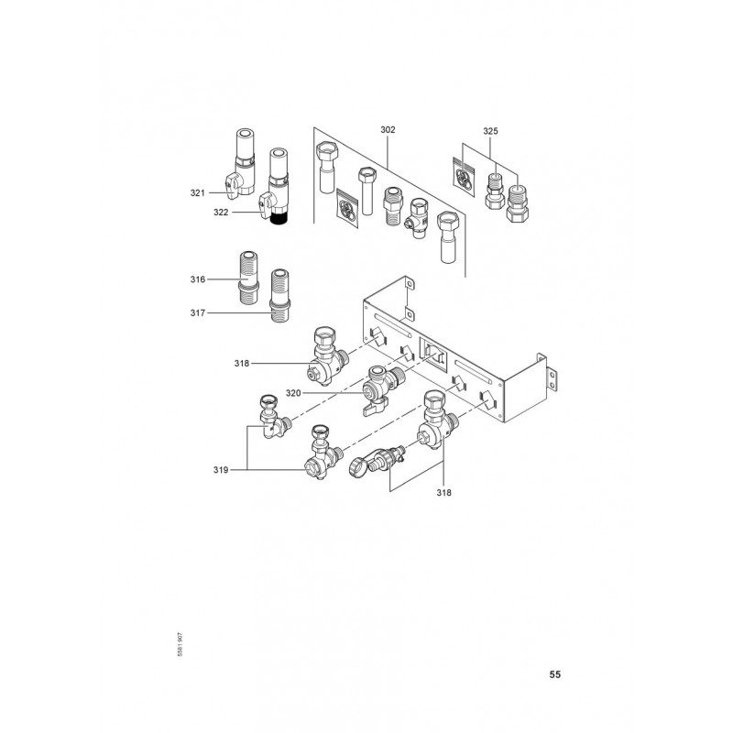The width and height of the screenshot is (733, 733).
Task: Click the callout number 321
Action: point(198,192)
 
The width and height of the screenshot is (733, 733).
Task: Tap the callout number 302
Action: point(388,130)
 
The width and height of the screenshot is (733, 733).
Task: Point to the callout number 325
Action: point(491,130)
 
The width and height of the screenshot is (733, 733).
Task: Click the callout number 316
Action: point(198,279)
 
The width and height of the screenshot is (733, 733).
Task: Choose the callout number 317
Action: point(198,313)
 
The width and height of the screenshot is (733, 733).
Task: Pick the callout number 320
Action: point(293,393)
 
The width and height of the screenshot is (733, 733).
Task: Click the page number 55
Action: point(554,675)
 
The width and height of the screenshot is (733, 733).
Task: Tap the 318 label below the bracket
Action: point(444,491)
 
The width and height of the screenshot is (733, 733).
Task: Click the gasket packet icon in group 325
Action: point(465,173)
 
